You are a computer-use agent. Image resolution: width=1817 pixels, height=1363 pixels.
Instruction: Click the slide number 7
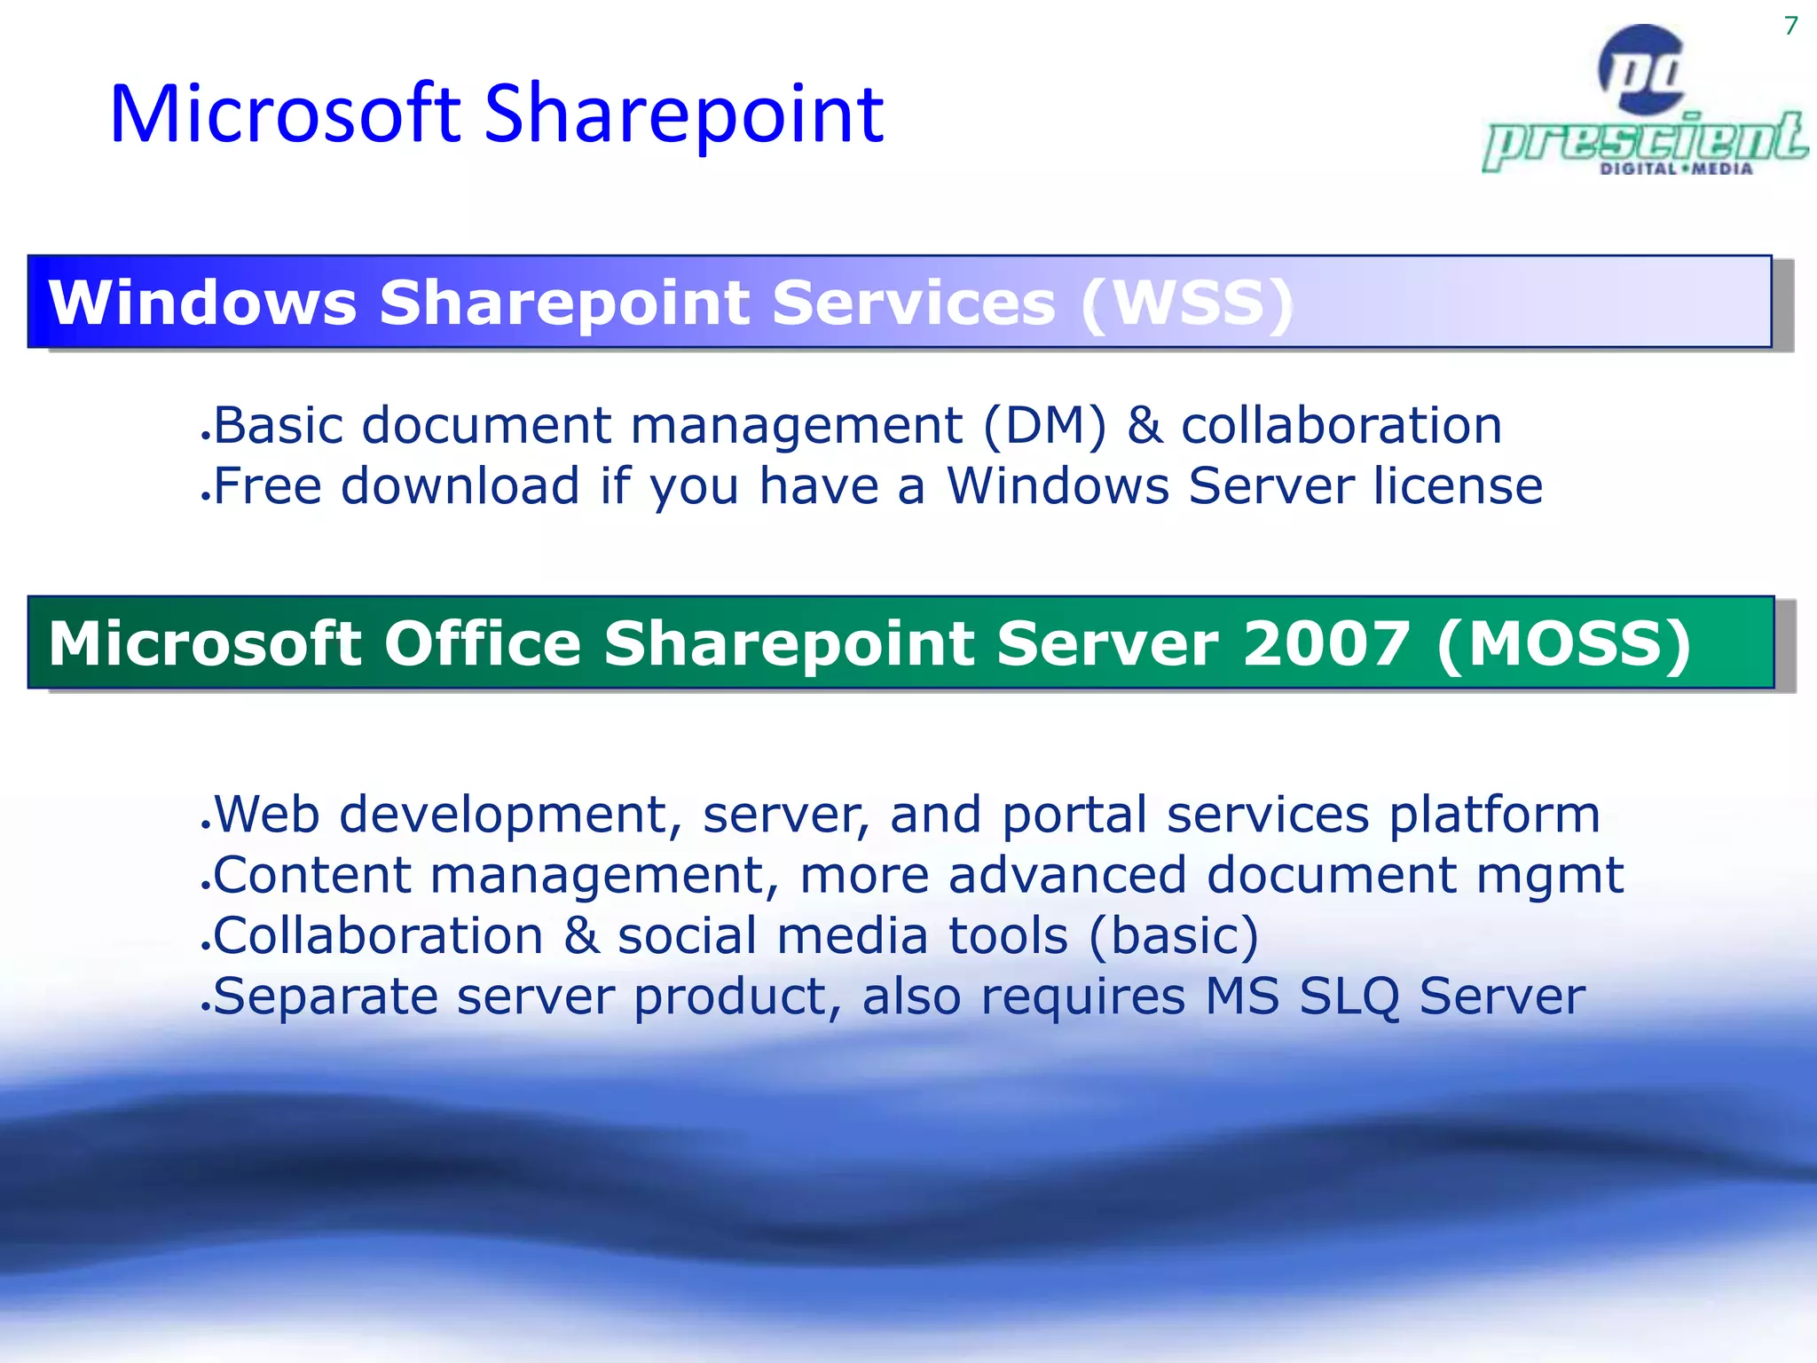tap(1790, 26)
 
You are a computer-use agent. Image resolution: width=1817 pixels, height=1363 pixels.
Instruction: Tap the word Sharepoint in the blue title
tap(683, 115)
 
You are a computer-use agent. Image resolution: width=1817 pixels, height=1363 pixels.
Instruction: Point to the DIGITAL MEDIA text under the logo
tap(1676, 169)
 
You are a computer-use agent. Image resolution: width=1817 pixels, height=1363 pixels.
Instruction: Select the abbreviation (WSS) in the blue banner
tap(1187, 303)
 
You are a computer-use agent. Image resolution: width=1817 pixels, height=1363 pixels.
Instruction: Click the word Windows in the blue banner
tap(202, 303)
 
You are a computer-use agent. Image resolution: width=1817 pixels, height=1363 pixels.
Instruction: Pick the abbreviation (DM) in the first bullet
tap(1045, 426)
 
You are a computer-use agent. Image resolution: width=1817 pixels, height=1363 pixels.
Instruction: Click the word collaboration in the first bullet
tap(1341, 426)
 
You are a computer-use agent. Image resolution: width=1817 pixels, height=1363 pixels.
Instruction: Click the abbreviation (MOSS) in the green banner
tap(1563, 643)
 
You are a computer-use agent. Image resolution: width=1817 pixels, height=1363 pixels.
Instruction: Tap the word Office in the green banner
tap(482, 643)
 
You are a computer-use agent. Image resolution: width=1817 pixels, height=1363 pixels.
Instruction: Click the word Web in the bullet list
tap(266, 815)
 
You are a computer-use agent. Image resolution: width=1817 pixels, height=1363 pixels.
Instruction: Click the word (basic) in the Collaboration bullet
tap(1173, 937)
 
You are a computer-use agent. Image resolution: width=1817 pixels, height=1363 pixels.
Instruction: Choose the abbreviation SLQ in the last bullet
tap(1349, 997)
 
